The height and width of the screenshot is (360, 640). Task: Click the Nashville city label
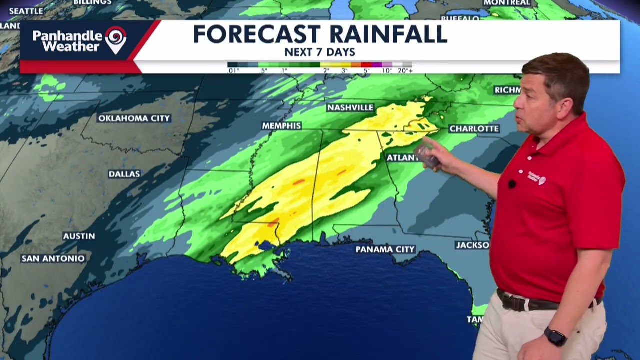pyautogui.click(x=350, y=108)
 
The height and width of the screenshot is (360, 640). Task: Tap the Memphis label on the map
pyautogui.click(x=281, y=126)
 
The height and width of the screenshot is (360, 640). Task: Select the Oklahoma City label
pyautogui.click(x=134, y=118)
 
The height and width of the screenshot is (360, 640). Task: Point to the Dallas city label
pyautogui.click(x=124, y=174)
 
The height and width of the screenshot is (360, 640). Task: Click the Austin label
pyautogui.click(x=79, y=236)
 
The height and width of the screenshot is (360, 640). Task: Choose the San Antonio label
pyautogui.click(x=53, y=258)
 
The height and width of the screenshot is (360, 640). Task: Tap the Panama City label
pyautogui.click(x=385, y=249)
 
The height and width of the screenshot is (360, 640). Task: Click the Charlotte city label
pyautogui.click(x=474, y=129)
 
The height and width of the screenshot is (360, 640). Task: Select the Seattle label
pyautogui.click(x=26, y=11)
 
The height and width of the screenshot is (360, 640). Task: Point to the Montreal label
pyautogui.click(x=507, y=3)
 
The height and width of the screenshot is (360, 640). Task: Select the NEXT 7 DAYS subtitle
pyautogui.click(x=320, y=52)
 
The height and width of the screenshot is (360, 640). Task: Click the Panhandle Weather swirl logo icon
pyautogui.click(x=116, y=39)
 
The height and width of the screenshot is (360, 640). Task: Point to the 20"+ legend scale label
pyautogui.click(x=405, y=71)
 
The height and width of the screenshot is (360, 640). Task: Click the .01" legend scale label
pyautogui.click(x=233, y=71)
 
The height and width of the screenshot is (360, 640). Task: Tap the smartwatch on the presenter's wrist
pyautogui.click(x=555, y=336)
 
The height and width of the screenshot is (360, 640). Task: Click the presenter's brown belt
pyautogui.click(x=530, y=302)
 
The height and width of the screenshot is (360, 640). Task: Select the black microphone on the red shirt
pyautogui.click(x=511, y=184)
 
